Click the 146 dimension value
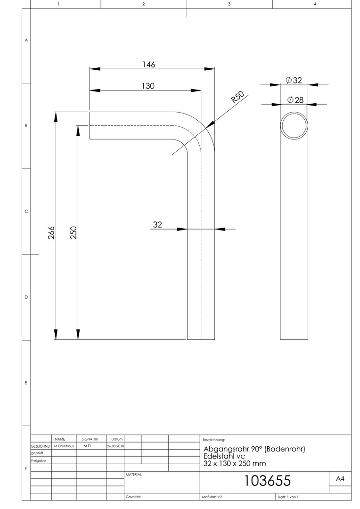149,64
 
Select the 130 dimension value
148,86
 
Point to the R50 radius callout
237,97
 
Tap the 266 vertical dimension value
51,233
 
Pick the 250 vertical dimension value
74,233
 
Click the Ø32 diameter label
294,80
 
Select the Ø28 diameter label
295,99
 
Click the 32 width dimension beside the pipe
157,225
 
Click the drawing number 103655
267,481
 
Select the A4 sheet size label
340,479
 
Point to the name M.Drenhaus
64,446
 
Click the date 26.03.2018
115,446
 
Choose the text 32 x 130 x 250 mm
235,464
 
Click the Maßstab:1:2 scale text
212,497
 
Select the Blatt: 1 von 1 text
288,497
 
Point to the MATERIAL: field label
134,475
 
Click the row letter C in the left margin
26,211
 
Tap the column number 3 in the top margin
229,4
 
